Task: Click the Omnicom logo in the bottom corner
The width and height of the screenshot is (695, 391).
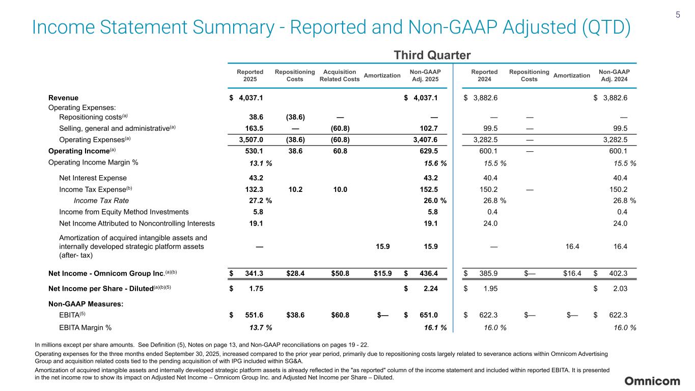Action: [652, 381]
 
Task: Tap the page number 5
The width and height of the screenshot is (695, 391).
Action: [678, 15]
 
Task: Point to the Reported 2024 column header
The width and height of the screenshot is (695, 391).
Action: [484, 76]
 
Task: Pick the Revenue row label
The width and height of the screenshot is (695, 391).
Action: [63, 98]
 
